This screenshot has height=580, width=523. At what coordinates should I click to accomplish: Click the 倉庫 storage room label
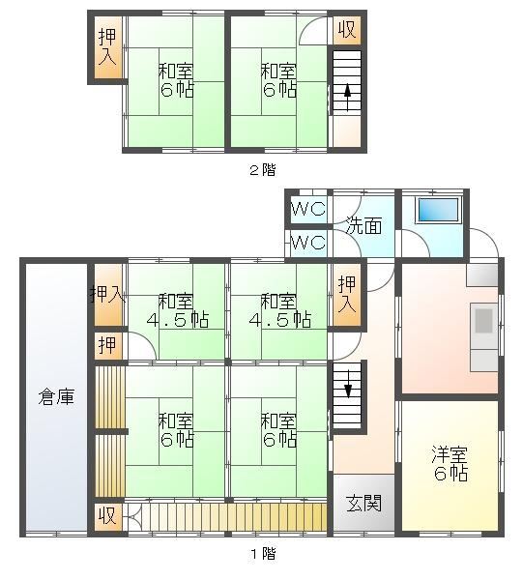click(56, 397)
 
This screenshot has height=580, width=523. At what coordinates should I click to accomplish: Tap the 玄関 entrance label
click(363, 503)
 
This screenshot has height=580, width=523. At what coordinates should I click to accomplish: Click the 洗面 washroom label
click(363, 225)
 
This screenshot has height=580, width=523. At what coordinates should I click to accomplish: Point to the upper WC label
click(308, 210)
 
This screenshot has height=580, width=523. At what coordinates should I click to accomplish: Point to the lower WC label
click(308, 243)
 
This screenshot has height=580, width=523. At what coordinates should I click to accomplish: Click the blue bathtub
click(438, 211)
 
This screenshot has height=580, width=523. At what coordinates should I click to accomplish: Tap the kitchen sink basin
click(483, 321)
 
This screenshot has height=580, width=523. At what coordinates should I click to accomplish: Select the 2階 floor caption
click(263, 170)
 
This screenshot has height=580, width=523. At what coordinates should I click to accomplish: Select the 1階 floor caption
click(264, 554)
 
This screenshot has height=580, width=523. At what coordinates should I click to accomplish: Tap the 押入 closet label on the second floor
click(107, 47)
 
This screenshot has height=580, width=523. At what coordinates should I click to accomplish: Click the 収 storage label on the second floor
click(347, 30)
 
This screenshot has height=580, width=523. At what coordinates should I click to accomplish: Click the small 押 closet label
click(107, 346)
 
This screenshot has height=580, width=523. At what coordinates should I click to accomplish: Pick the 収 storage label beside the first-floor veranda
click(107, 515)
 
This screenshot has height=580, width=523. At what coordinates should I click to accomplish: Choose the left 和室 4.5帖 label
click(177, 310)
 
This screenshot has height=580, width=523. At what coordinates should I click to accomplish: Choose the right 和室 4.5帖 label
click(279, 310)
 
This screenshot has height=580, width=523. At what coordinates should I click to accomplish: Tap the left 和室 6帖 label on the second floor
click(177, 80)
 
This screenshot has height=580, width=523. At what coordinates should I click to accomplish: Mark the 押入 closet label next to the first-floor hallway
click(347, 295)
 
